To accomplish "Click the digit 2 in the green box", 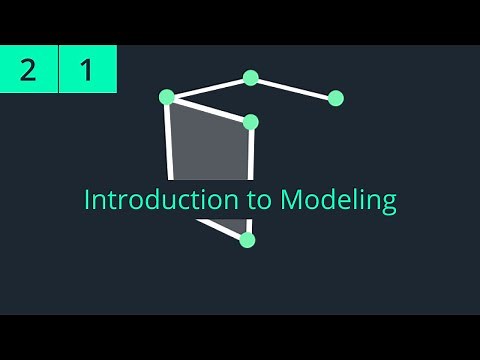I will tap(28, 70).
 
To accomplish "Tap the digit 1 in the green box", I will tap(87, 70).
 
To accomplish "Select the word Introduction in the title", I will tap(151, 199).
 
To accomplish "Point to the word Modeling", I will tap(337, 200).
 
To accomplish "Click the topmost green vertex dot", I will tap(251, 78).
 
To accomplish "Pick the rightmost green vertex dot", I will tap(336, 98).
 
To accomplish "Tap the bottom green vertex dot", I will tap(248, 240).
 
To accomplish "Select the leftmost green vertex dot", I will tap(167, 97).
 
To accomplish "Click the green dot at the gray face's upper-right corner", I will tap(251, 122).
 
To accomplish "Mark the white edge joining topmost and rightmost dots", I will tap(294, 88).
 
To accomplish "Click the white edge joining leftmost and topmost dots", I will tap(209, 87).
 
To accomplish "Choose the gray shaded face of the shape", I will tap(210, 150).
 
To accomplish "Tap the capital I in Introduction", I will tap(87, 199).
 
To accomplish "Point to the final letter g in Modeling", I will tap(388, 202).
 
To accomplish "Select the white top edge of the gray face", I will tap(209, 109).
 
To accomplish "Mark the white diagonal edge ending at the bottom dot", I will tap(222, 229).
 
